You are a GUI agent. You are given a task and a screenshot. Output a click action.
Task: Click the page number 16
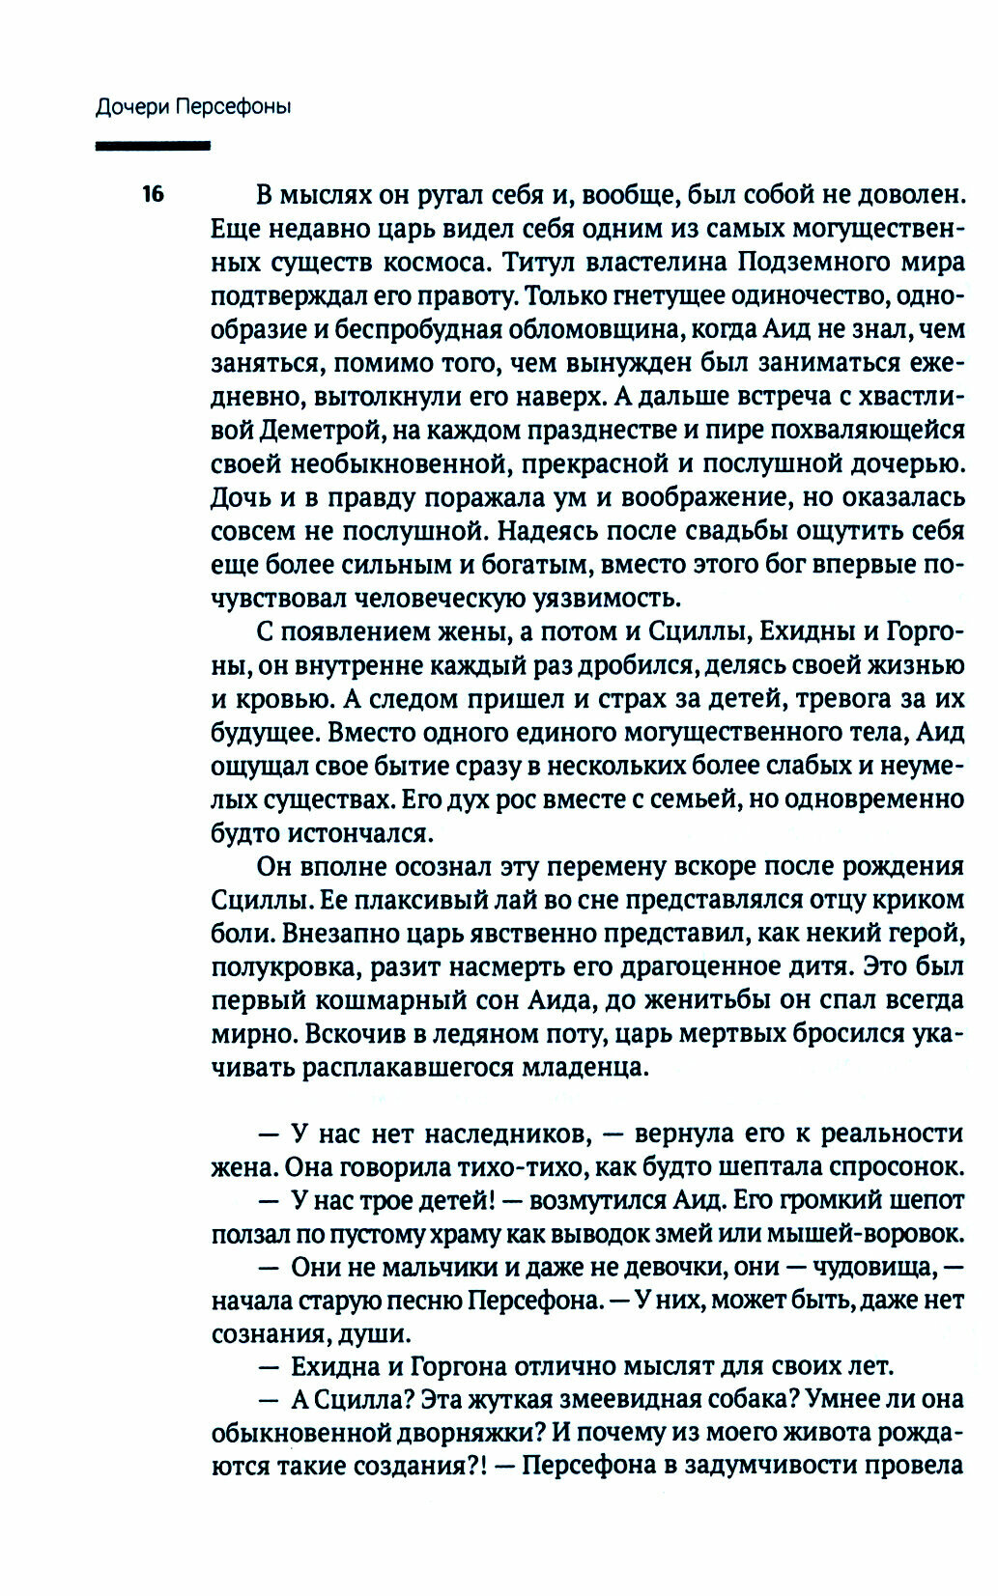[x=154, y=195]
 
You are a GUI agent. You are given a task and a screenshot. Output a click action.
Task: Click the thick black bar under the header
[x=153, y=146]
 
